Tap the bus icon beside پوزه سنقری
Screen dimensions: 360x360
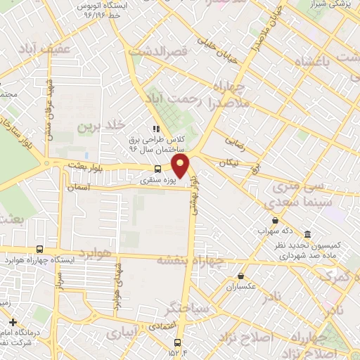(157, 169)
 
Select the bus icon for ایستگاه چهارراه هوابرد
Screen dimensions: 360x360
(39, 249)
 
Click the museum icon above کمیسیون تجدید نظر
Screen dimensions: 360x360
(307, 234)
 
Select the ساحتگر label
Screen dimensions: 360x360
(187, 307)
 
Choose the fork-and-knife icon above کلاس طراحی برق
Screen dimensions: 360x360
(155, 129)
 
